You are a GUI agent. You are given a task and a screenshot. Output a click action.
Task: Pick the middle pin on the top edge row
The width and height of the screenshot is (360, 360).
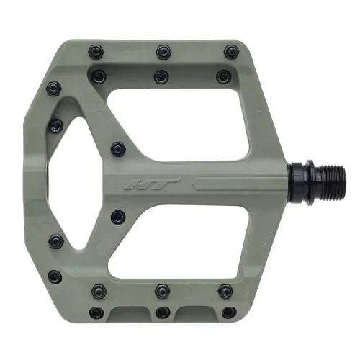click(x=161, y=51)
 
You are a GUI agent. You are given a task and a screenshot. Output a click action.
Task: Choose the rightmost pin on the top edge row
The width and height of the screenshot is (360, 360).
click(x=230, y=51)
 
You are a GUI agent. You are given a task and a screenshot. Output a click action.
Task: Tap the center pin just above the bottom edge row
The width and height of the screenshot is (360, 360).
click(x=161, y=291)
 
